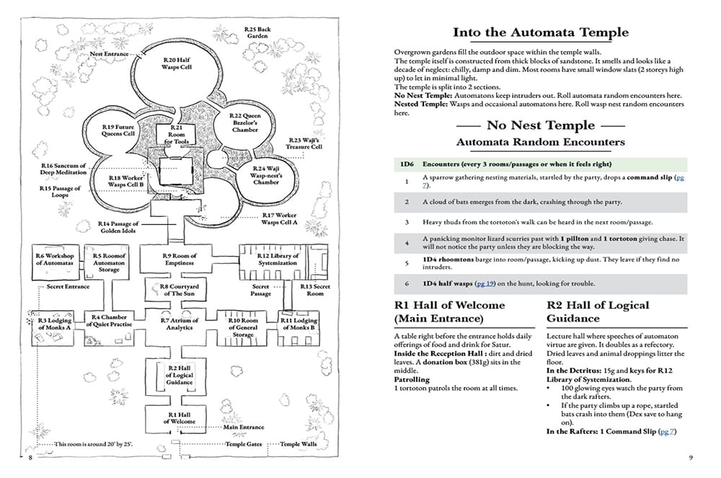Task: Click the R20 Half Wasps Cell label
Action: pos(177,63)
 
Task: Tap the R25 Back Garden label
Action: pos(257,32)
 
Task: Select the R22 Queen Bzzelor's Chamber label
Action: pos(245,123)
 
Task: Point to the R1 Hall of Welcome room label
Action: pos(180,417)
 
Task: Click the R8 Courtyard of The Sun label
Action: pos(180,290)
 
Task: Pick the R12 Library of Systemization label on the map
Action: pos(278,260)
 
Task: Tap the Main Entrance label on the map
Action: pos(244,427)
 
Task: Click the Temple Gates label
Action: pos(243,444)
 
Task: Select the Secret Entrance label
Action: pos(68,286)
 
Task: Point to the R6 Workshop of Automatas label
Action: pos(55,260)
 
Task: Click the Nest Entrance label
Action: pos(109,54)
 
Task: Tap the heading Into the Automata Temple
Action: pos(540,32)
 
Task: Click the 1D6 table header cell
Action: pos(407,164)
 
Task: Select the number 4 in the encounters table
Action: pos(407,243)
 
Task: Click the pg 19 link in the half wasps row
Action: pos(485,283)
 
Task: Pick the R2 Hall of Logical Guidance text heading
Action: pos(598,311)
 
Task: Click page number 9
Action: pos(691,457)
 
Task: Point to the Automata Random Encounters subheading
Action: pos(540,142)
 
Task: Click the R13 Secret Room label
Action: pos(315,290)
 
